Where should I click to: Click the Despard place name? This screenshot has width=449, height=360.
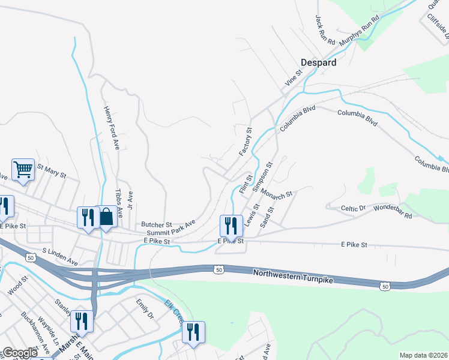318,62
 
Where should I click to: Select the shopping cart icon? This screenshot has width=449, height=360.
23,169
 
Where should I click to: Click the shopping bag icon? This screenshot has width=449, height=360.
106,217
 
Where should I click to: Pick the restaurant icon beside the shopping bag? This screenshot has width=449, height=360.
88,217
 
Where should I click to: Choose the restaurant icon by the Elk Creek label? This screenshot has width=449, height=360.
193,332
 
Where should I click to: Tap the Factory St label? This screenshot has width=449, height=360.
246,142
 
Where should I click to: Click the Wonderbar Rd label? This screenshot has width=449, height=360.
393,211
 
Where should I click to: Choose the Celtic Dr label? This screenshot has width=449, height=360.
353,208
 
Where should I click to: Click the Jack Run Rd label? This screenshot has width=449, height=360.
325,29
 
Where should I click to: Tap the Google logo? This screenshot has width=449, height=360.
20,353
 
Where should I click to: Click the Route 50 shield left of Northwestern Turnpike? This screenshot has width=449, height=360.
219,270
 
